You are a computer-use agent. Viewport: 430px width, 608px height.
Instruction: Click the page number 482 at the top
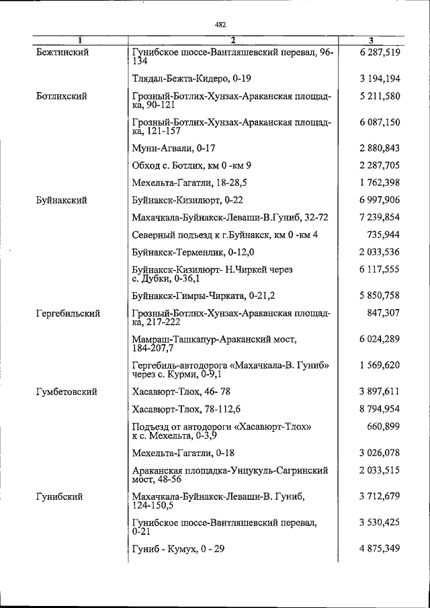pyautogui.click(x=220, y=25)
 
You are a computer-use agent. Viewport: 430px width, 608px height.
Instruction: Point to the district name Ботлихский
pyautogui.click(x=62, y=96)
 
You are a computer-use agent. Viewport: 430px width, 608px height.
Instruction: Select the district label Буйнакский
pyautogui.click(x=63, y=200)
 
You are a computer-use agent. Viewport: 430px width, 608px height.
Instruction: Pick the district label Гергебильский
pyautogui.click(x=69, y=313)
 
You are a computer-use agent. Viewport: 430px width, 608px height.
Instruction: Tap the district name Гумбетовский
pyautogui.click(x=67, y=391)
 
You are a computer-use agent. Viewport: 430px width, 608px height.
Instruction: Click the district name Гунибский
pyautogui.click(x=60, y=496)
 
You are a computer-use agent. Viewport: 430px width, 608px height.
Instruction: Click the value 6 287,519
pyautogui.click(x=380, y=52)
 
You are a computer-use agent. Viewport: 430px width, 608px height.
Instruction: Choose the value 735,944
pyautogui.click(x=385, y=234)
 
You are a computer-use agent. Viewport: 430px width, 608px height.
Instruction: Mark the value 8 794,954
pyautogui.click(x=380, y=408)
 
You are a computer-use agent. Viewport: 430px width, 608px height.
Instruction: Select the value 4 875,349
pyautogui.click(x=380, y=550)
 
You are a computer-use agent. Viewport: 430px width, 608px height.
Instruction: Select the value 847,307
pyautogui.click(x=385, y=313)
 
